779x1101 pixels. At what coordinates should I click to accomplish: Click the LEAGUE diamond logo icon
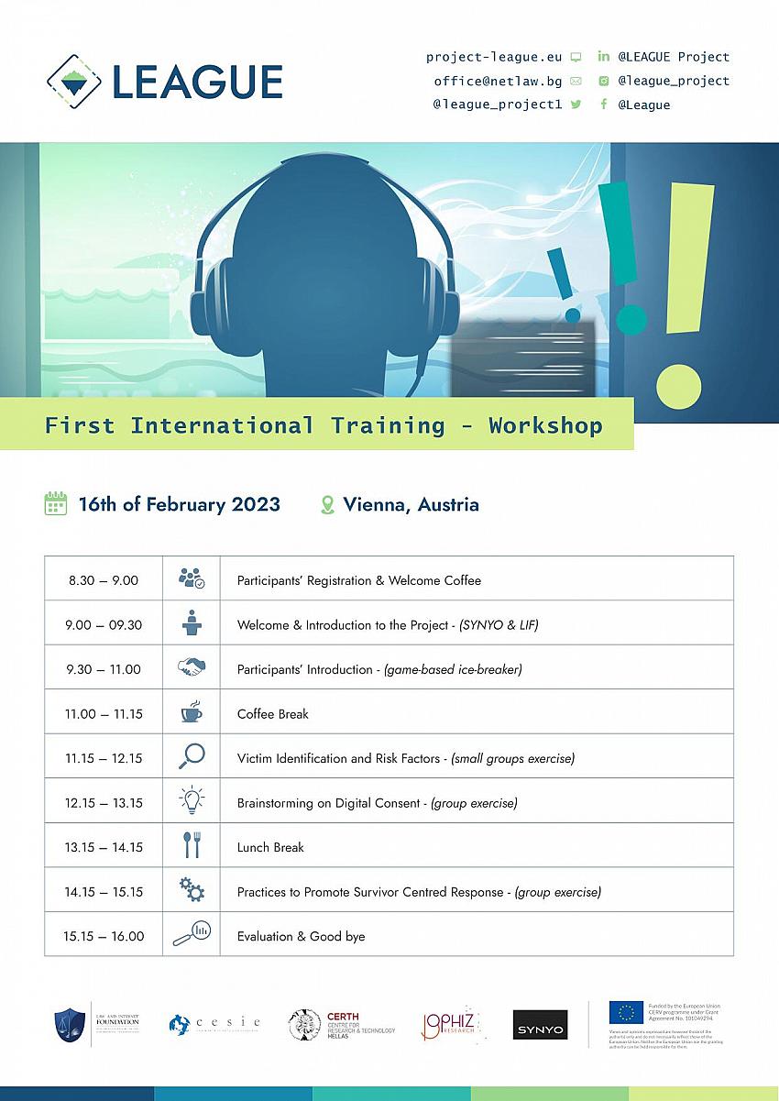coord(74,81)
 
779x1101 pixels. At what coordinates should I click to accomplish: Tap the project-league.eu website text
coord(493,57)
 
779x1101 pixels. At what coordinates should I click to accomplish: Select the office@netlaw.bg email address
coord(498,81)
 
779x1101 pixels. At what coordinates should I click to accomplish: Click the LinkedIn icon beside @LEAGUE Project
coord(603,57)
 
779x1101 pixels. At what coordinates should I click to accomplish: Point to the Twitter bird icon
coord(576,105)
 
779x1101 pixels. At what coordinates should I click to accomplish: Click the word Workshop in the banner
coord(545,425)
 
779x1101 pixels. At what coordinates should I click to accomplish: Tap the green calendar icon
coord(56,504)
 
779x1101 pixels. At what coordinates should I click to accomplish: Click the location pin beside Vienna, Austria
coord(327,505)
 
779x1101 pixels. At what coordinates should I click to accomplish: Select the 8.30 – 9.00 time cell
coord(104,580)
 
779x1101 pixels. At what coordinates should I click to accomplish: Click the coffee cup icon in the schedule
coord(192,712)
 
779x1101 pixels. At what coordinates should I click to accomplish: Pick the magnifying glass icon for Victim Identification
coord(192,757)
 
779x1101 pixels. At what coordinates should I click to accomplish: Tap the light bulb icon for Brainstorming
coord(192,801)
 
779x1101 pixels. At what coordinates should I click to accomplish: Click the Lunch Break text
coord(270,847)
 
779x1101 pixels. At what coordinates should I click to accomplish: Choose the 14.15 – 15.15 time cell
coord(104,891)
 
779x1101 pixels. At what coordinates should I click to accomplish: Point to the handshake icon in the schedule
coord(192,668)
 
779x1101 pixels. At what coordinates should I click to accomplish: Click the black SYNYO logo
coord(540,1025)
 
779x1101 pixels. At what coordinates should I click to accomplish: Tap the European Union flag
coord(626,1012)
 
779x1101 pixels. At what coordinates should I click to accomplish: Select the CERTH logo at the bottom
coord(343,1024)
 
